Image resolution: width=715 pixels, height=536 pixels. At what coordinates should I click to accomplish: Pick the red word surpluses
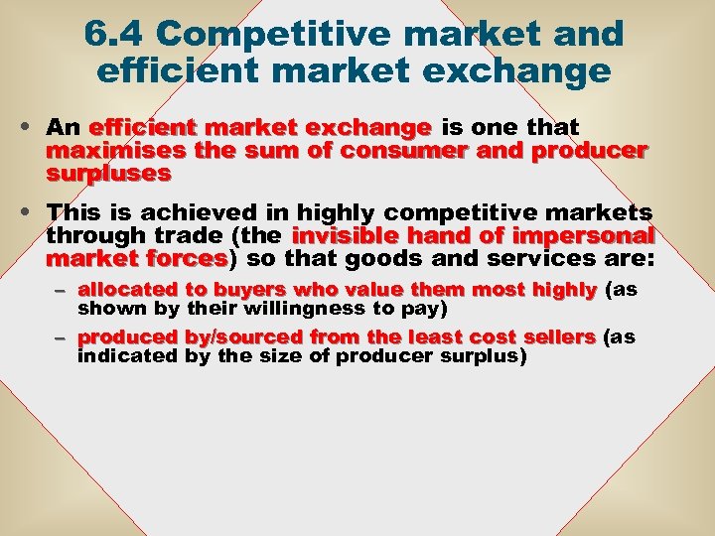point(107,173)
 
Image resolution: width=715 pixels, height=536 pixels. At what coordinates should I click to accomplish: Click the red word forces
point(188,258)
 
